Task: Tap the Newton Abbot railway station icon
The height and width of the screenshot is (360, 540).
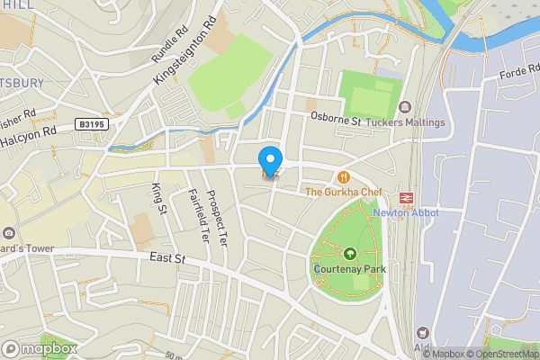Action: pyautogui.click(x=406, y=197)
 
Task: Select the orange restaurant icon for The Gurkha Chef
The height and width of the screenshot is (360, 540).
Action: pyautogui.click(x=343, y=177)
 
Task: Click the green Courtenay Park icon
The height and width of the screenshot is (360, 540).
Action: pyautogui.click(x=349, y=255)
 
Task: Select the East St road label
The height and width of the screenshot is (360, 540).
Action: pyautogui.click(x=167, y=258)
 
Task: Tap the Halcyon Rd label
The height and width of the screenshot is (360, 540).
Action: pyautogui.click(x=28, y=136)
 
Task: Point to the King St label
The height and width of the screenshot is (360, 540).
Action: pyautogui.click(x=159, y=199)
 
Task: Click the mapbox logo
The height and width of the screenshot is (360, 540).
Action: pyautogui.click(x=40, y=348)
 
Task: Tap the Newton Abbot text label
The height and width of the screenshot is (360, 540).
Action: pyautogui.click(x=404, y=213)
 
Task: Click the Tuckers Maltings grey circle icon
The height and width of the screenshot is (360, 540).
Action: pyautogui.click(x=404, y=107)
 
